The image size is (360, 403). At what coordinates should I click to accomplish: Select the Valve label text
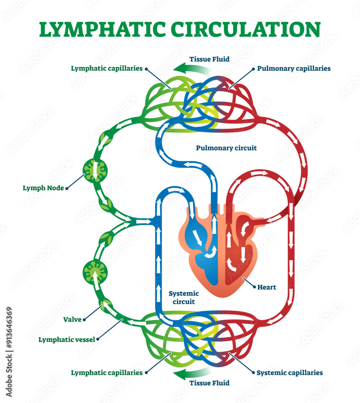[x=73, y=320]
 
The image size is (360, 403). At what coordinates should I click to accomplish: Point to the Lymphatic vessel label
[x=67, y=339]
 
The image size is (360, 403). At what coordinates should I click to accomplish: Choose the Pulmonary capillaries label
[x=294, y=69]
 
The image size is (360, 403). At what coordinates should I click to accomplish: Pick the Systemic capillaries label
[x=290, y=373]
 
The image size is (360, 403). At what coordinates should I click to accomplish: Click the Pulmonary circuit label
[x=226, y=148]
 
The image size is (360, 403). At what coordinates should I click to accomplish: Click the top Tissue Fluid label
[x=209, y=59]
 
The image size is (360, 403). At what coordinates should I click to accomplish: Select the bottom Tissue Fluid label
[x=209, y=383]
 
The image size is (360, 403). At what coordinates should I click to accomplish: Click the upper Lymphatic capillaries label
[x=107, y=69]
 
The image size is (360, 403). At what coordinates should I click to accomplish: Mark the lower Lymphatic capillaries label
[x=107, y=373]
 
